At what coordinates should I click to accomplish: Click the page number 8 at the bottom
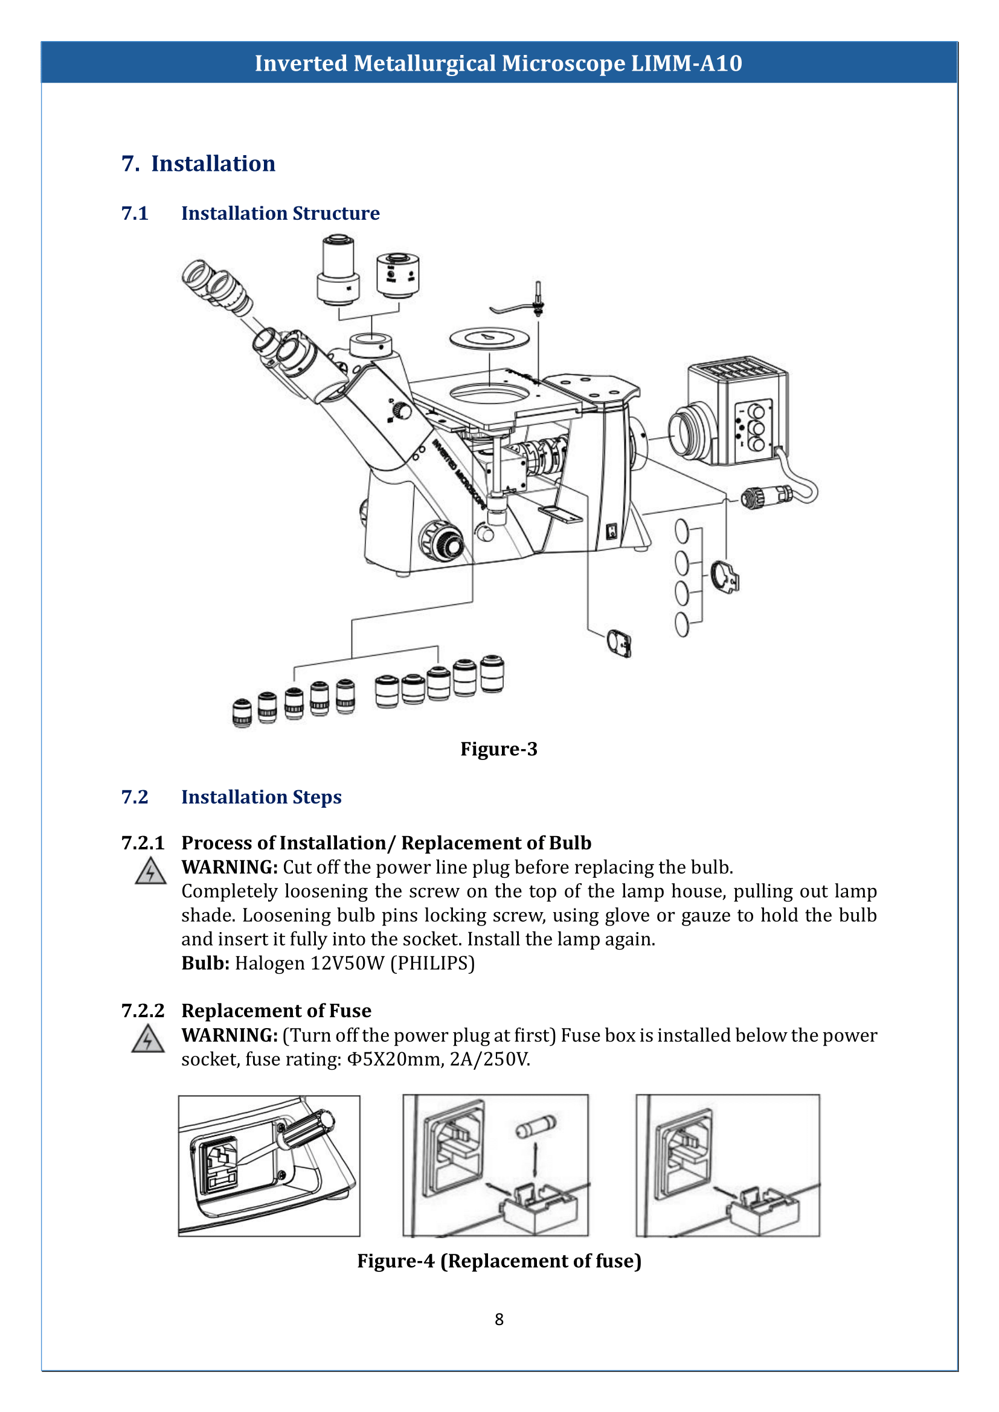point(499,1319)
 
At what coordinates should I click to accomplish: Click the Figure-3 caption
point(499,749)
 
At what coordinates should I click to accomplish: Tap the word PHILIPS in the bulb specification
point(432,963)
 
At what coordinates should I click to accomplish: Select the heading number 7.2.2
point(143,1011)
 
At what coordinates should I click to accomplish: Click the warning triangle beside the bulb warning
point(151,872)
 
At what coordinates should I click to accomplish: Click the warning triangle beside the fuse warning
point(147,1040)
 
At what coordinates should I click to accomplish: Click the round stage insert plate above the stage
point(489,337)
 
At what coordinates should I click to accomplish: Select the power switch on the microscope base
point(611,531)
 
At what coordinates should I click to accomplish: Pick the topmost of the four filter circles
point(682,531)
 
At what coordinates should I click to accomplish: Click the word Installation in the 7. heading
point(213,164)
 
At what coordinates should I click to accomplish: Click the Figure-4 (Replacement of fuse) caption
point(499,1260)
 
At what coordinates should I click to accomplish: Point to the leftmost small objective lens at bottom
point(242,714)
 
